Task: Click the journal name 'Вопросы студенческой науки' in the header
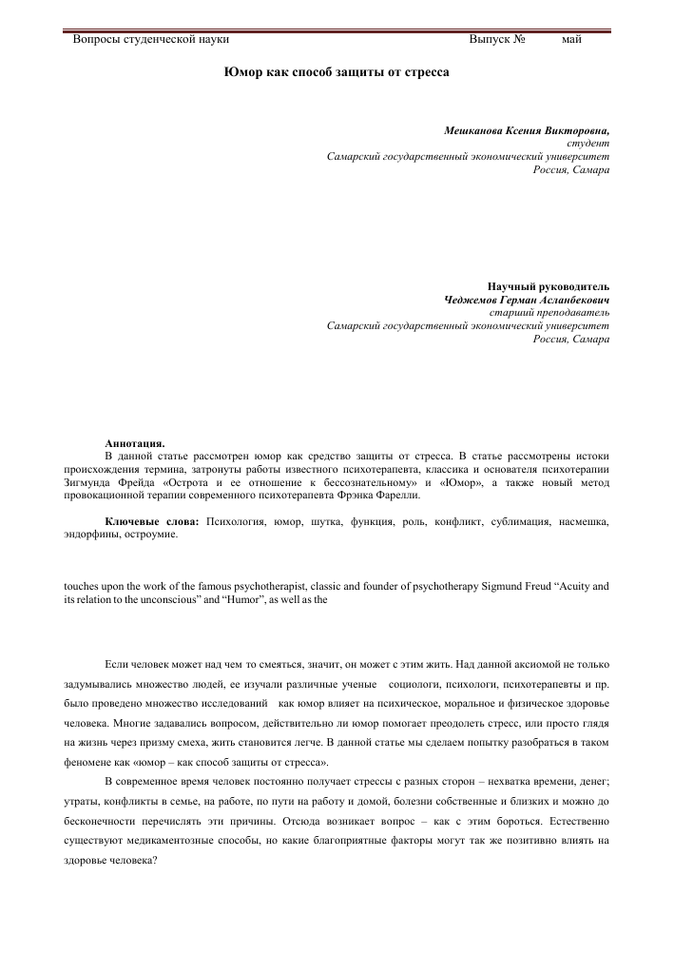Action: pos(151,39)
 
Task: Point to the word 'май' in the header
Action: pos(571,39)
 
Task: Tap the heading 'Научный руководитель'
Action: pos(548,286)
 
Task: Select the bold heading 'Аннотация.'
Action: pos(134,442)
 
